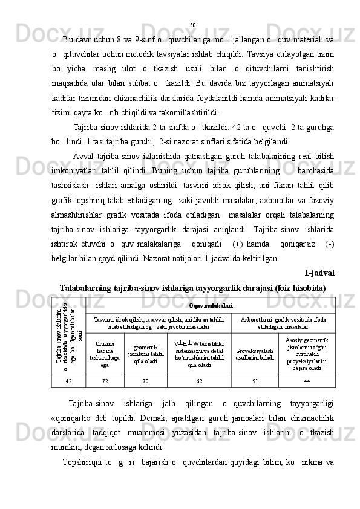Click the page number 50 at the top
[x=192, y=25]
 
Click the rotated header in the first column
[x=67, y=336]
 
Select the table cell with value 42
[x=68, y=381]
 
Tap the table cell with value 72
[x=105, y=381]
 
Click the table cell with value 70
[x=145, y=381]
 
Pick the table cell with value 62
[x=200, y=381]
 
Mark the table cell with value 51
[x=255, y=381]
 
